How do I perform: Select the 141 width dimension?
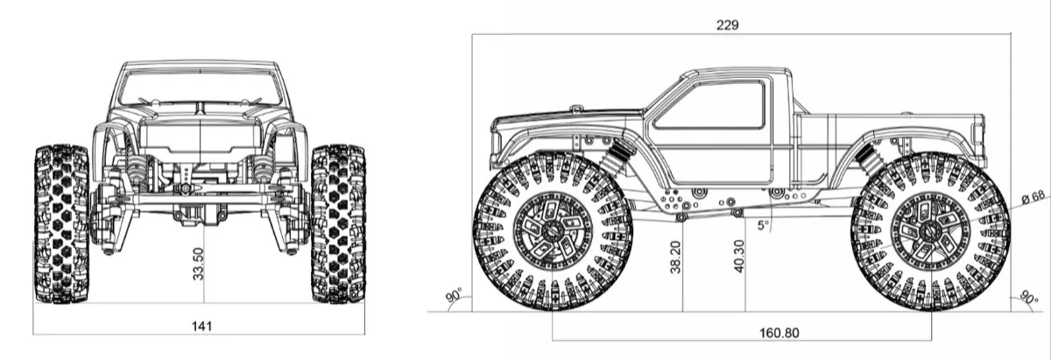pos(201,326)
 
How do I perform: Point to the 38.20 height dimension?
pos(675,258)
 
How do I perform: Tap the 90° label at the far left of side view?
pos(454,296)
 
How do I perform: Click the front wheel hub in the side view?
pos(552,231)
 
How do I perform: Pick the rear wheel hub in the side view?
pos(930,231)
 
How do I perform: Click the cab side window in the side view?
pos(710,103)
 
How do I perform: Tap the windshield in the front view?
pos(201,88)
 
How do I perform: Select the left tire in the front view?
pos(60,224)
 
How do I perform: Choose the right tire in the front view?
pos(338,224)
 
